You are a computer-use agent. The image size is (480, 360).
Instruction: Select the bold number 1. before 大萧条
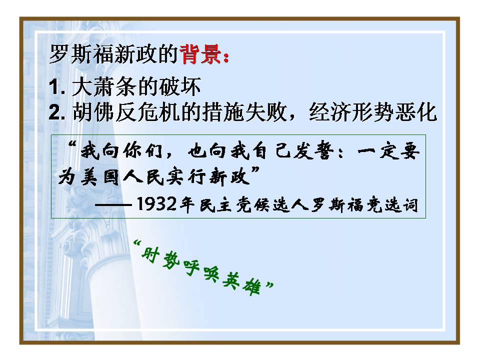[x=59, y=88]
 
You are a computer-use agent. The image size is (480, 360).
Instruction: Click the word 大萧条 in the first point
[x=104, y=88]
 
